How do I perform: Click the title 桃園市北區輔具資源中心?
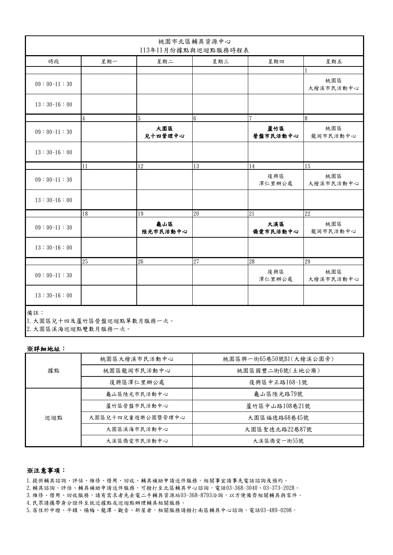click(x=194, y=42)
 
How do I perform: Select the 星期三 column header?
click(x=220, y=61)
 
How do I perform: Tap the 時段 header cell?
click(x=53, y=61)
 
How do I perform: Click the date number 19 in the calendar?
click(x=140, y=214)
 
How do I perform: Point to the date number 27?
click(x=196, y=262)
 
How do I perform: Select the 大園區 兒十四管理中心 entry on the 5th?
click(x=165, y=132)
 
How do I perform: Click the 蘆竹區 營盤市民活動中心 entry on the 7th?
click(x=276, y=132)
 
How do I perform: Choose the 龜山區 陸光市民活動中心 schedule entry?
click(x=165, y=227)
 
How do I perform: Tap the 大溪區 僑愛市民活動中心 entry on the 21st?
click(x=276, y=227)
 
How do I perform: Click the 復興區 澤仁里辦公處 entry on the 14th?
click(x=276, y=180)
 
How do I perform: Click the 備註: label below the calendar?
click(x=35, y=313)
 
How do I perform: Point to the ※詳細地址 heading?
click(x=46, y=349)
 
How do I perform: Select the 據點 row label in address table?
click(x=53, y=371)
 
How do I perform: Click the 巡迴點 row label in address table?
click(x=53, y=417)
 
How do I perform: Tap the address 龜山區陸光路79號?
click(x=278, y=394)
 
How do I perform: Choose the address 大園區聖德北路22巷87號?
click(x=278, y=429)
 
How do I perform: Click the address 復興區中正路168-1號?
click(x=278, y=382)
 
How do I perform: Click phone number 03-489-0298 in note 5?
click(x=276, y=510)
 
